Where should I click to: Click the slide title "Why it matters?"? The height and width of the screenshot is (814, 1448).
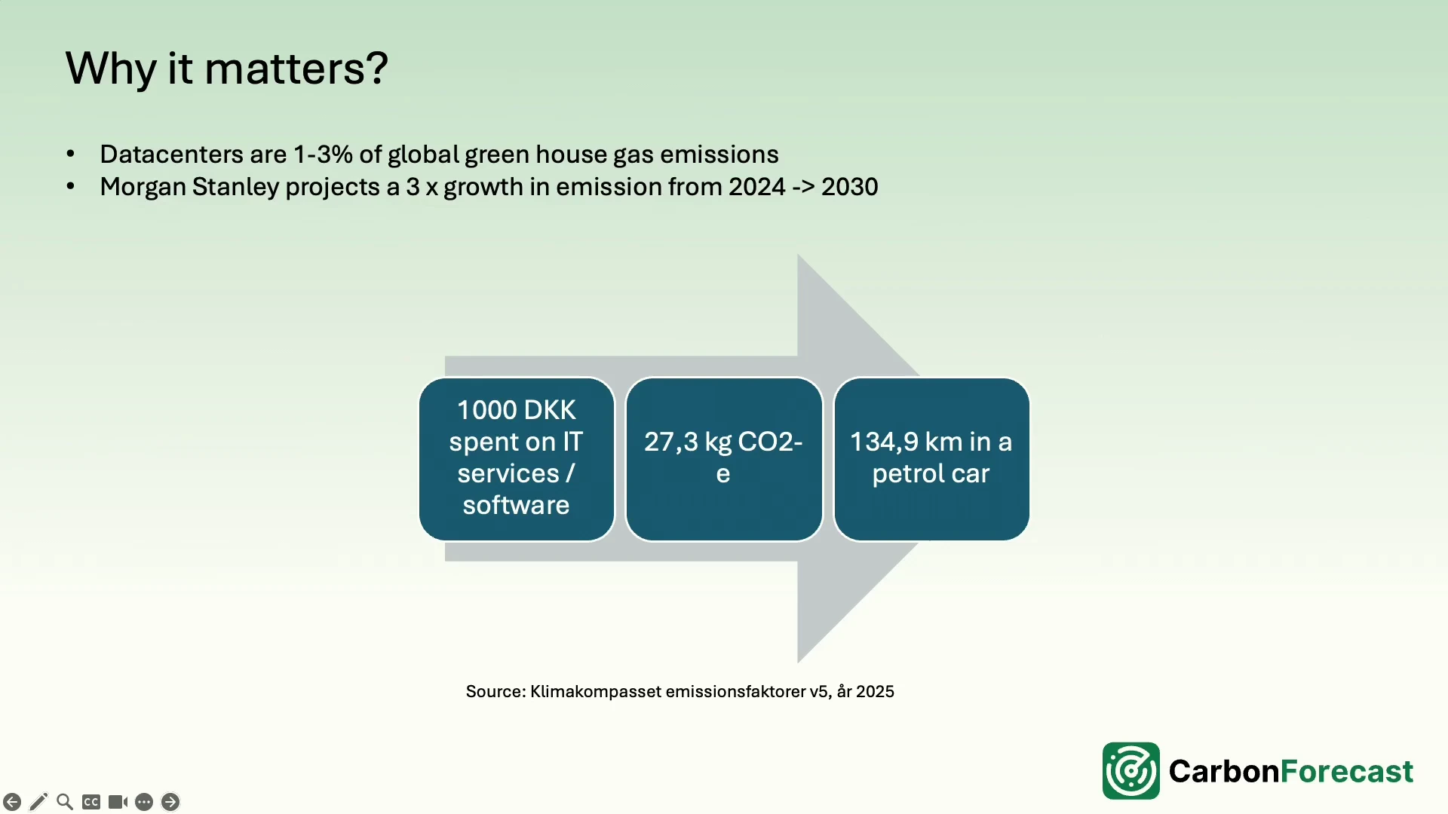(226, 69)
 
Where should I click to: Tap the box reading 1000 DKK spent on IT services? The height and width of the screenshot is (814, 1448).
(517, 459)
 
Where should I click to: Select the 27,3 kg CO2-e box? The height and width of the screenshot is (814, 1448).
(724, 459)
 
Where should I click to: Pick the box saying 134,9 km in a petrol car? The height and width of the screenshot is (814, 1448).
(931, 459)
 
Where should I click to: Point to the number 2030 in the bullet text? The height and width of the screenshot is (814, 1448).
(850, 187)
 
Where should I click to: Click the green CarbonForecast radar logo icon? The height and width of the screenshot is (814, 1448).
(1131, 771)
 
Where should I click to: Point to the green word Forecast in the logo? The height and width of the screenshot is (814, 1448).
(1347, 771)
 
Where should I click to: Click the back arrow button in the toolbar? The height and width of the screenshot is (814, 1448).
(12, 802)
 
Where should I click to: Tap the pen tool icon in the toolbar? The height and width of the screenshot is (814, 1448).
(38, 802)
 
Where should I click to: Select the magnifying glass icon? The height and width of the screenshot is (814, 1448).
(65, 802)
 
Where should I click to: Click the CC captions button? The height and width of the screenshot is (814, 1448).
(91, 802)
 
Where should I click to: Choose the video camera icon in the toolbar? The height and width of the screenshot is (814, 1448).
(118, 802)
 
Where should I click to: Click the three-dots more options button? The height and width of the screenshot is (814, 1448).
(144, 802)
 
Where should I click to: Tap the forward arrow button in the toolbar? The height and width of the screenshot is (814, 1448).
(170, 802)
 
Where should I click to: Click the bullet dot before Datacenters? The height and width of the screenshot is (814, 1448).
(71, 155)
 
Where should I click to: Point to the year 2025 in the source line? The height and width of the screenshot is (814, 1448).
(875, 692)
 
